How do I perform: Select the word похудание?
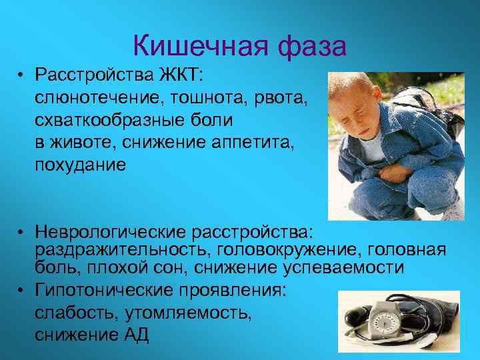[x=80, y=166]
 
